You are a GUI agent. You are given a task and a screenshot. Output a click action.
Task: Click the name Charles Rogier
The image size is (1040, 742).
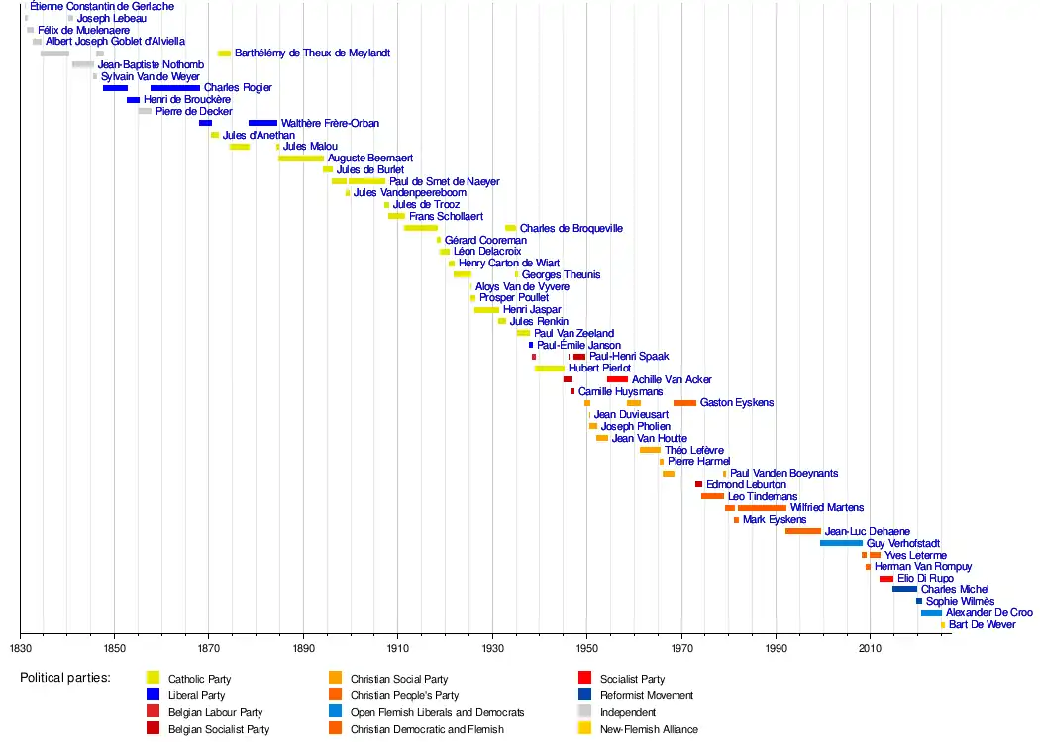pyautogui.click(x=238, y=88)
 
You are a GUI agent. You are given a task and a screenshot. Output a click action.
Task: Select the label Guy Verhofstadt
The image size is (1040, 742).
pyautogui.click(x=902, y=543)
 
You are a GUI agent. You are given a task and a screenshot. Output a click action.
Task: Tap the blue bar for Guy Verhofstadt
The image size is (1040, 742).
pyautogui.click(x=841, y=543)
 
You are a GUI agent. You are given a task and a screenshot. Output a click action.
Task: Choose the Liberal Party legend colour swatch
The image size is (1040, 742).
pyautogui.click(x=153, y=695)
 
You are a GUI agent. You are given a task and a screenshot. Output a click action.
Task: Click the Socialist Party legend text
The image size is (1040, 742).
pyautogui.click(x=632, y=680)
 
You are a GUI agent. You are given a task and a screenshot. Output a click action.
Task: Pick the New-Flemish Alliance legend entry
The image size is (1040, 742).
pyautogui.click(x=649, y=729)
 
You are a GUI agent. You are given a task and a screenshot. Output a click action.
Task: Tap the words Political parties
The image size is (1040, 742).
pyautogui.click(x=65, y=679)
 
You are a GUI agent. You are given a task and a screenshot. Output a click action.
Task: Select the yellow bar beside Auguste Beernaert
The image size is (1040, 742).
pyautogui.click(x=300, y=159)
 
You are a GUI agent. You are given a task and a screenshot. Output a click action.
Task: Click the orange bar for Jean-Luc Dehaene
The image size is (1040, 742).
pyautogui.click(x=802, y=531)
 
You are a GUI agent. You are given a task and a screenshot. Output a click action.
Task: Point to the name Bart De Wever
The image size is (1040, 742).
pyautogui.click(x=982, y=625)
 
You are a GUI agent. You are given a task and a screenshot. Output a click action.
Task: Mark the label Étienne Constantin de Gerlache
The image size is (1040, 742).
pyautogui.click(x=102, y=6)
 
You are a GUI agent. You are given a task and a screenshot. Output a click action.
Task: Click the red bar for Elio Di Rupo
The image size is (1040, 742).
pyautogui.click(x=885, y=579)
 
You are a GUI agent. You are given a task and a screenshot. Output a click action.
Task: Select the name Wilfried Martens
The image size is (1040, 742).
pyautogui.click(x=826, y=508)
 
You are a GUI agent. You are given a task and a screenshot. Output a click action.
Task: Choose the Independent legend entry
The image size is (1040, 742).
pyautogui.click(x=628, y=712)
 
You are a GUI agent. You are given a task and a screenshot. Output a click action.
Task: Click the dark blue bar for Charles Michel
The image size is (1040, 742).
pyautogui.click(x=904, y=589)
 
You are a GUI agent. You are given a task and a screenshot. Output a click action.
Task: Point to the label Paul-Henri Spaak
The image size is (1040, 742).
pyautogui.click(x=629, y=357)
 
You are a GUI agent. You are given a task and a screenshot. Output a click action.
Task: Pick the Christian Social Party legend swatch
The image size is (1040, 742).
pyautogui.click(x=335, y=679)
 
